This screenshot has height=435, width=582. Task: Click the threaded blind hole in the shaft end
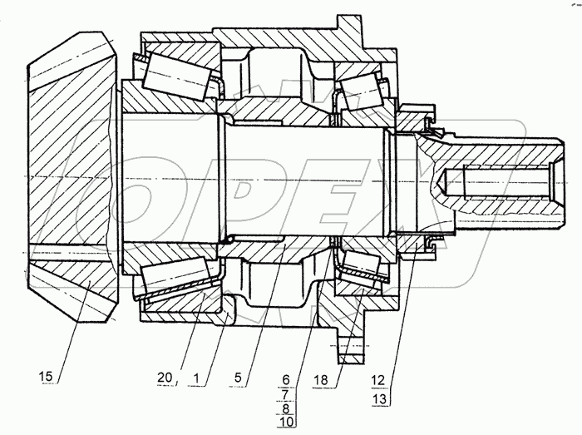499,178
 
